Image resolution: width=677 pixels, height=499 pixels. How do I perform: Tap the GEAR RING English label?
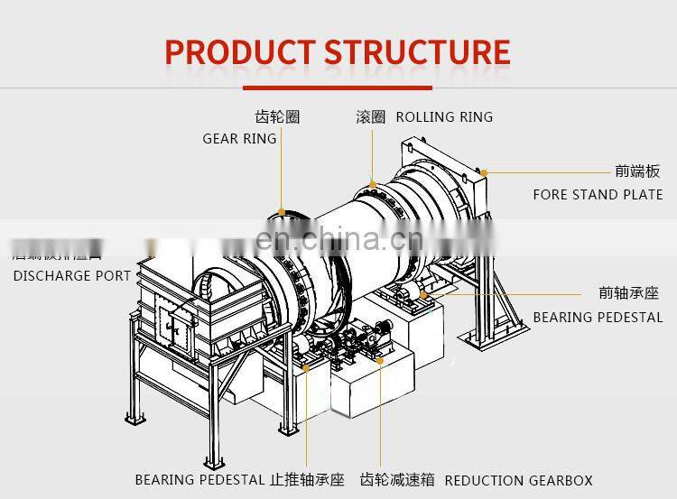[239, 139]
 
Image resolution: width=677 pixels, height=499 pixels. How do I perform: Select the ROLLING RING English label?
[444, 117]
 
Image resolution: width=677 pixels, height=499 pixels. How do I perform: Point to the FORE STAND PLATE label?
[598, 195]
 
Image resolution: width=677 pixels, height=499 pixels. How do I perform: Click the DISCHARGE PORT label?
[72, 275]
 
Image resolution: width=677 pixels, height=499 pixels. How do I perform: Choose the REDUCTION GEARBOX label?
[519, 480]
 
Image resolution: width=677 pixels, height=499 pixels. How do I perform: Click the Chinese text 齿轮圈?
[277, 117]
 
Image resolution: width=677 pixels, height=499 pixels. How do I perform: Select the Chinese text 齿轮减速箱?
[397, 480]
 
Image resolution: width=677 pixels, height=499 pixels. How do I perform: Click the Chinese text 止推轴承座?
[307, 480]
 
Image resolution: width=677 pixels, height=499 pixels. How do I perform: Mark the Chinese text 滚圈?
[370, 117]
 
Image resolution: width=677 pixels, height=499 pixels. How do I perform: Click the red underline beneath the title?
[337, 88]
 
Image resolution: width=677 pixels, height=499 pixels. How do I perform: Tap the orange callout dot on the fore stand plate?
[484, 171]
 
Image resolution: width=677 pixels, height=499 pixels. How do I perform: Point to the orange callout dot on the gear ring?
[282, 213]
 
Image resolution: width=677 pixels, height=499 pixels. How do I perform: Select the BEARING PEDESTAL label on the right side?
[598, 318]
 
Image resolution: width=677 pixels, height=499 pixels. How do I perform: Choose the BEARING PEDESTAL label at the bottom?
[199, 480]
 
